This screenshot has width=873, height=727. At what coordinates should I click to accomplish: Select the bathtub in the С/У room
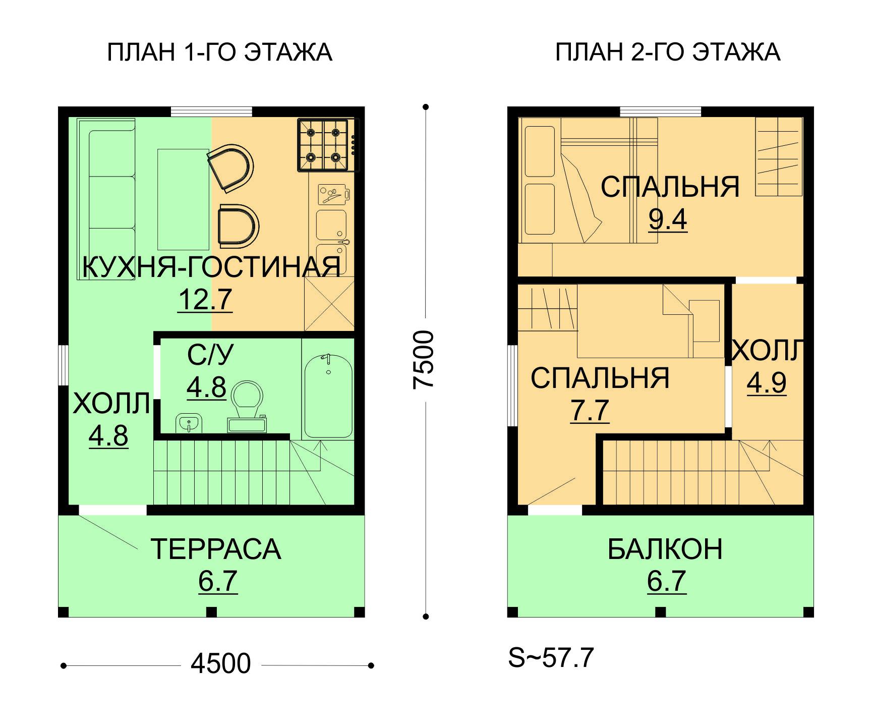point(328,396)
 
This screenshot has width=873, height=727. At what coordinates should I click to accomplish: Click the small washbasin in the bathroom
point(189,423)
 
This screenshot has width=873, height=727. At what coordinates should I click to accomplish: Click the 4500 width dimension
point(221,663)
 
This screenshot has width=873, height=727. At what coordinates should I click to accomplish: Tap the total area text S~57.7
point(551,657)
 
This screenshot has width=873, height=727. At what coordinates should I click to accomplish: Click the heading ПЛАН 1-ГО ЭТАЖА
point(219,52)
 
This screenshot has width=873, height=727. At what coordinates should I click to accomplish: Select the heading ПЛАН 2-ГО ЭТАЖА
point(668,52)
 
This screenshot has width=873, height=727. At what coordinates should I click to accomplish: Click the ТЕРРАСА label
point(216,549)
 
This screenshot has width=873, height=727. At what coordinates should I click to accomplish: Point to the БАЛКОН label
point(665,549)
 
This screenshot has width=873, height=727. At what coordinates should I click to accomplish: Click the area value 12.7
point(205,300)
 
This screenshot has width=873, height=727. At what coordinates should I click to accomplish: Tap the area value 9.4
point(668,219)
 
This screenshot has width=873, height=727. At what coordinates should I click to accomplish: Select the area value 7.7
point(590,410)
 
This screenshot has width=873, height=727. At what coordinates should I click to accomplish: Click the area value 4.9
point(767,382)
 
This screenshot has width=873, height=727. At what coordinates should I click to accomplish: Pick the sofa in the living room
point(106,199)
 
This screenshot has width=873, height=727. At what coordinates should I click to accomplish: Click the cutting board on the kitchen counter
point(333,194)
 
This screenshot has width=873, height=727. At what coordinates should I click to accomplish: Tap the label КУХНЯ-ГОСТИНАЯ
point(211,266)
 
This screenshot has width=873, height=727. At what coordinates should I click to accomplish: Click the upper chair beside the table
point(230,167)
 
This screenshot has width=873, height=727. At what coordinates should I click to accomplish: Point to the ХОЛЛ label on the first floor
point(111,404)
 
